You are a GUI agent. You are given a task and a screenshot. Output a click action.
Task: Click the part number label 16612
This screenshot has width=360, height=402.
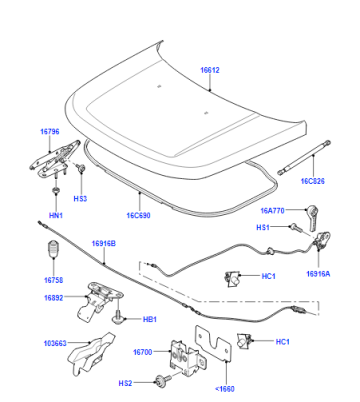(x=210, y=70)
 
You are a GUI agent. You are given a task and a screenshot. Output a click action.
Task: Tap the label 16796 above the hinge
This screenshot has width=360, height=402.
(x=50, y=132)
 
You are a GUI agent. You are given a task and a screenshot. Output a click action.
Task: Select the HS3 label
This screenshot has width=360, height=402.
(x=80, y=199)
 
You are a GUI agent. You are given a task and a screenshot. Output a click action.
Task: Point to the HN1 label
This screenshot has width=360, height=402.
(x=56, y=215)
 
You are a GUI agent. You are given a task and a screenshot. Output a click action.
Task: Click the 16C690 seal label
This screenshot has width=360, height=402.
(x=138, y=215)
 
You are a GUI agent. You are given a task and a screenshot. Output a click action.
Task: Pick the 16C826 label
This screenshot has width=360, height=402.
(x=312, y=181)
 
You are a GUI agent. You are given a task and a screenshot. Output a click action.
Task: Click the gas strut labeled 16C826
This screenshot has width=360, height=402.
(x=304, y=157)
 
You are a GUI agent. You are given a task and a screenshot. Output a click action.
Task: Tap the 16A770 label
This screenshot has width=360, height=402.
(x=272, y=211)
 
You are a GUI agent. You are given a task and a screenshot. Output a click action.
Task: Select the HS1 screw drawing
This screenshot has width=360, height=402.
(x=296, y=228)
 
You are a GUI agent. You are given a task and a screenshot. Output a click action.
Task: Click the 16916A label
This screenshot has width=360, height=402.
(x=318, y=274)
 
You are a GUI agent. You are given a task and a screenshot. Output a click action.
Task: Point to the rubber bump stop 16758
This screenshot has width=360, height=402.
(x=53, y=249)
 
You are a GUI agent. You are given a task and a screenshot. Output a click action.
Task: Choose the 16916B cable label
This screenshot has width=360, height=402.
(x=104, y=244)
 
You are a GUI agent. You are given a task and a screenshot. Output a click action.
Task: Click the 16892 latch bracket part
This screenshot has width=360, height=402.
(x=98, y=301)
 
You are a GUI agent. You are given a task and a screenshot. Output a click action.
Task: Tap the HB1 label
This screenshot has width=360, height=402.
(x=150, y=319)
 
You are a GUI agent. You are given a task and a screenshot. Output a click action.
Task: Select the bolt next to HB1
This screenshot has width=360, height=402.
(x=117, y=317)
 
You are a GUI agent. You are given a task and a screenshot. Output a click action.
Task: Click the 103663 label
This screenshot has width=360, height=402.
(x=55, y=343)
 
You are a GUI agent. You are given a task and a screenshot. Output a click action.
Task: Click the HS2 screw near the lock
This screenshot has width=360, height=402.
(x=162, y=381)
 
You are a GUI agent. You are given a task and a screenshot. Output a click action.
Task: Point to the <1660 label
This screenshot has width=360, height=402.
(x=225, y=389)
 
